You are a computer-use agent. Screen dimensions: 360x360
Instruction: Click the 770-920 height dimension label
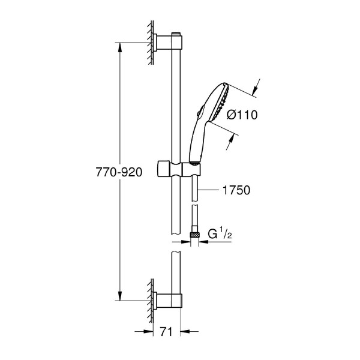pyautogui.click(x=119, y=172)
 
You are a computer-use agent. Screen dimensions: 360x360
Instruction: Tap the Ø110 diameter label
pyautogui.click(x=242, y=115)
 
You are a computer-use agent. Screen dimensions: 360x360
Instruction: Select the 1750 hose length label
pyautogui.click(x=236, y=190)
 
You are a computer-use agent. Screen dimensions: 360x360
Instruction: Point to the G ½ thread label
pyautogui.click(x=220, y=234)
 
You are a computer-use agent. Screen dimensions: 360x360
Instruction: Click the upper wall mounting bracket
pyautogui.click(x=168, y=42)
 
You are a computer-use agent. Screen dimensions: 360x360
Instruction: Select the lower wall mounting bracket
pyautogui.click(x=168, y=300)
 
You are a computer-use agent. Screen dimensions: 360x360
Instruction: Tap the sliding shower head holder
pyautogui.click(x=179, y=170)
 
